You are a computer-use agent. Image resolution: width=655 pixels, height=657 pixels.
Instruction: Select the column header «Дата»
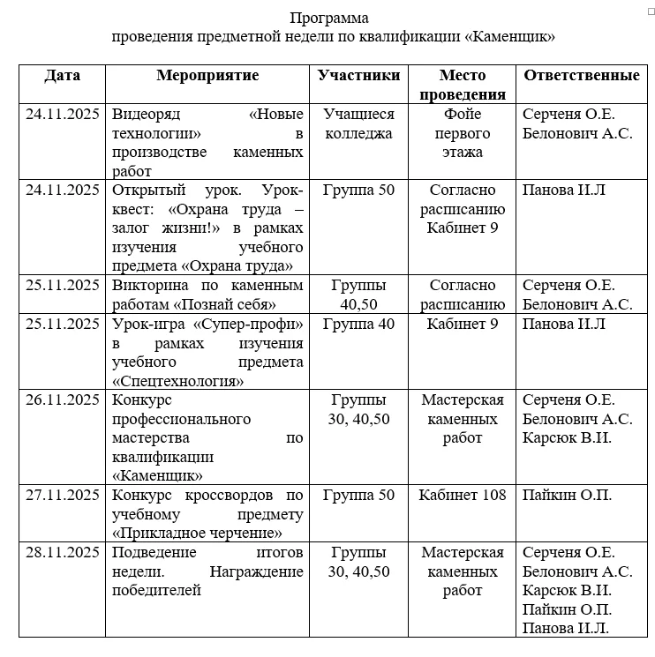pos(62,76)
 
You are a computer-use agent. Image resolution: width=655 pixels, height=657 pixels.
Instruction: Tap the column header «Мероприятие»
pos(207,76)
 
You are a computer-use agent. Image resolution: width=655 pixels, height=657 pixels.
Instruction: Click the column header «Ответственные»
pos(581,76)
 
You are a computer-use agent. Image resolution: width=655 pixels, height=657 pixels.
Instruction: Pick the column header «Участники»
pos(359,76)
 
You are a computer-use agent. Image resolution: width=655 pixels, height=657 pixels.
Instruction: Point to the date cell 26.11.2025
pos(62,400)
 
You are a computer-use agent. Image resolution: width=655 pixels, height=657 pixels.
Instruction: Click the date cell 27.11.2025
pos(62,496)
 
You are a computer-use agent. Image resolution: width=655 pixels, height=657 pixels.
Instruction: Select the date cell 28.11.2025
pos(62,553)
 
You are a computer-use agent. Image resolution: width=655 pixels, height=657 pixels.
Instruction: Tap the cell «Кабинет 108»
pos(463,496)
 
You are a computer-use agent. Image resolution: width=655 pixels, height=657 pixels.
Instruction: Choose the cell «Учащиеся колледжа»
pos(359,123)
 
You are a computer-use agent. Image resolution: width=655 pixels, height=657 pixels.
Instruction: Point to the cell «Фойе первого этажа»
pos(463,133)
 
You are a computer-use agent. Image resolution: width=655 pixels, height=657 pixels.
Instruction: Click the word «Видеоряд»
pos(142,115)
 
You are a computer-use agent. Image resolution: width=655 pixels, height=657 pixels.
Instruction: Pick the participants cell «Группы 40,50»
pos(359,295)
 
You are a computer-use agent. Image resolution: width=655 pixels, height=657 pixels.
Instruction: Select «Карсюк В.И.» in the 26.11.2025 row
pos(567,438)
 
